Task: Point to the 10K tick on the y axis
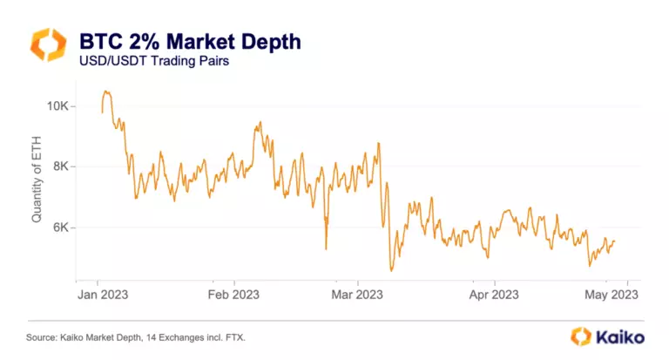57,105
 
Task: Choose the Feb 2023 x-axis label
234,295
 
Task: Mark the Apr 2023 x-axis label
494,295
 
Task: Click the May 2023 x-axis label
612,295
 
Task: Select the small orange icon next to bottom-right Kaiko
581,336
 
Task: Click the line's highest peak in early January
105,91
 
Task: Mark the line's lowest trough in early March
392,270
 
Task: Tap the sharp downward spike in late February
326,249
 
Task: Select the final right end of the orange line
615,241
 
